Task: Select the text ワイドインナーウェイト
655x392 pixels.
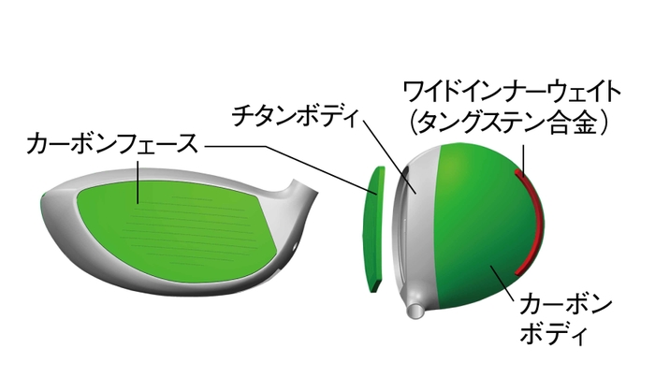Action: [x=511, y=92]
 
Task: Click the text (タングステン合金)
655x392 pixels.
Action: [x=511, y=123]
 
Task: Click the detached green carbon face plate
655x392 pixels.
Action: [x=375, y=227]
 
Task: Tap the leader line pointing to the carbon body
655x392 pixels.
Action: [x=502, y=281]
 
